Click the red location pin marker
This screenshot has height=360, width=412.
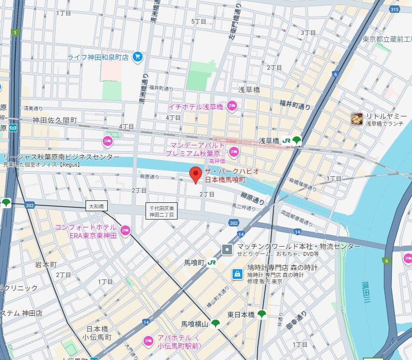(196, 174)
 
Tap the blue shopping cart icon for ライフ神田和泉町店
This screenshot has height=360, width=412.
(138, 57)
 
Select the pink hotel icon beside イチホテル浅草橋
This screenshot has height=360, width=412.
(232, 106)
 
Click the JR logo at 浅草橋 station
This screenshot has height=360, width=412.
(286, 141)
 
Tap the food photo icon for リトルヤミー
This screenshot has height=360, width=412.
(357, 118)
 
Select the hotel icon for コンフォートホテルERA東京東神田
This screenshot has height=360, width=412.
(125, 230)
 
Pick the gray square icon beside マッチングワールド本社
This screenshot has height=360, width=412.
(227, 249)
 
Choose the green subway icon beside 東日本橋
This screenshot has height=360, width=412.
(262, 314)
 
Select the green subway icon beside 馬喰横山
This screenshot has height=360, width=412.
(215, 324)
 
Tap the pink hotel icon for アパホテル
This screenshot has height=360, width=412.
(147, 341)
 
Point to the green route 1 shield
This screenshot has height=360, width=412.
(16, 33)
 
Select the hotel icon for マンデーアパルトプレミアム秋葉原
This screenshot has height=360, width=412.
(234, 150)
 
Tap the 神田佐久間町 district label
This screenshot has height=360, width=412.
(55, 120)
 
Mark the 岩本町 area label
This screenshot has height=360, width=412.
(46, 265)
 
